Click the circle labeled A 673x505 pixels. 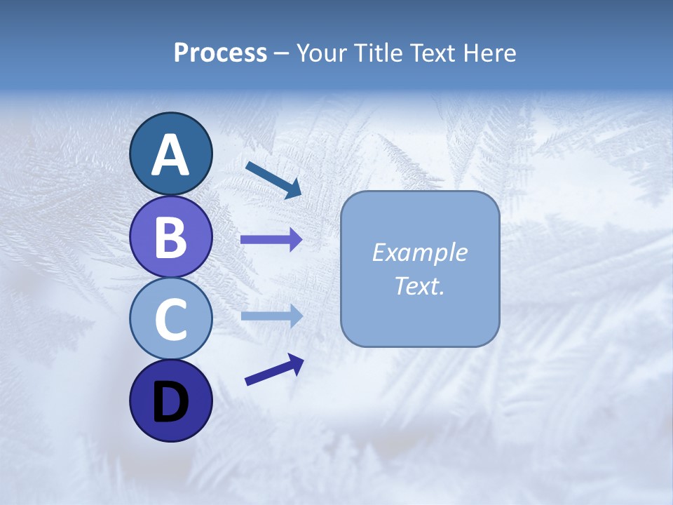point(170,154)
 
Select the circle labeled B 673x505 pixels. point(170,236)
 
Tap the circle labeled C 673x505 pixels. point(170,319)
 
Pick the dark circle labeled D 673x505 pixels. point(170,401)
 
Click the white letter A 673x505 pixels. point(170,155)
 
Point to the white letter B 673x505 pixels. point(170,237)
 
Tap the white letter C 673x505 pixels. point(170,319)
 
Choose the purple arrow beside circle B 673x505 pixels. point(271,240)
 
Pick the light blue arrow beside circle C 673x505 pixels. point(271,316)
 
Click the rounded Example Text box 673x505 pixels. point(420,269)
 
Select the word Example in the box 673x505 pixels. point(419,252)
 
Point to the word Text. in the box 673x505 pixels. point(419,285)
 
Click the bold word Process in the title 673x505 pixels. point(220,53)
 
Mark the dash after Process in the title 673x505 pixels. point(282,54)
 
